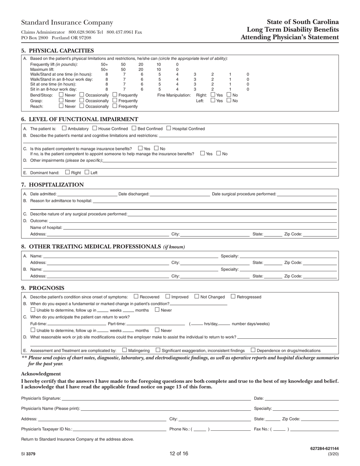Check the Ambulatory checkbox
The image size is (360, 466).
[64, 128]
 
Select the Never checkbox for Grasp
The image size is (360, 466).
[61, 100]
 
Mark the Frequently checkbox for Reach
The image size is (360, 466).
[115, 106]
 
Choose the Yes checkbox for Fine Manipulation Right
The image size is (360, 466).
[213, 95]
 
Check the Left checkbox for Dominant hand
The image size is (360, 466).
[87, 172]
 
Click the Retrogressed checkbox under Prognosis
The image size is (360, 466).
[233, 297]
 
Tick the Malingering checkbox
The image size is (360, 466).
[124, 350]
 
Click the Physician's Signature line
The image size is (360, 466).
[156, 398]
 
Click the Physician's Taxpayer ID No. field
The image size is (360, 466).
[119, 429]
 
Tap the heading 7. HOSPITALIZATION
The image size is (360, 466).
[52, 185]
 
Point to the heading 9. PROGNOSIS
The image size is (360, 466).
[43, 288]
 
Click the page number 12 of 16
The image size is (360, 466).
[179, 453]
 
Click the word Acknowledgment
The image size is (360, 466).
[41, 374]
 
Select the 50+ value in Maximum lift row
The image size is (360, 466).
[104, 70]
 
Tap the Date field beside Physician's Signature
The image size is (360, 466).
[302, 398]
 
